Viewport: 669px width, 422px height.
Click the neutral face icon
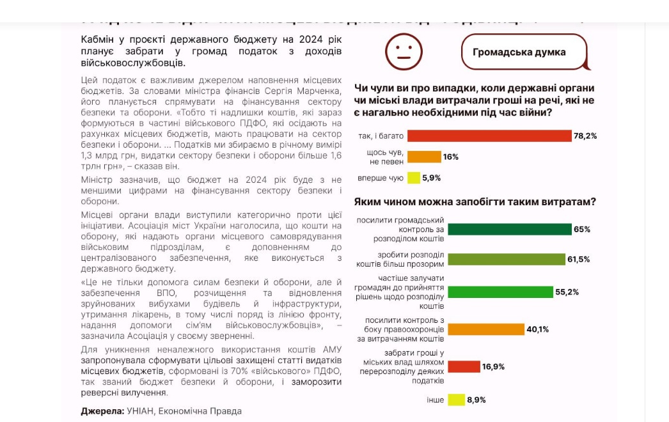pyautogui.click(x=404, y=52)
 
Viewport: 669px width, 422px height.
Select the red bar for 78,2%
pyautogui.click(x=489, y=136)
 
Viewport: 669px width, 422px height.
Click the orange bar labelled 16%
pyautogui.click(x=424, y=157)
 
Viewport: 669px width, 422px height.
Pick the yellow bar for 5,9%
pyautogui.click(x=413, y=178)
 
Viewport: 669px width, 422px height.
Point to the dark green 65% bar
pyautogui.click(x=509, y=230)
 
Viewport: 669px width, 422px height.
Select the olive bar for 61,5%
pyautogui.click(x=506, y=259)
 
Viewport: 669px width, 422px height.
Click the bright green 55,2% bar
pyautogui.click(x=500, y=292)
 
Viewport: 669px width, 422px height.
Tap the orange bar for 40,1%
pyautogui.click(x=485, y=329)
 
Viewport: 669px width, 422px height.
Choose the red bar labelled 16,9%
pyautogui.click(x=464, y=366)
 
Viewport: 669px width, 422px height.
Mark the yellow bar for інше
pyautogui.click(x=456, y=400)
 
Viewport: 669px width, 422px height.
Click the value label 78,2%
pyautogui.click(x=585, y=136)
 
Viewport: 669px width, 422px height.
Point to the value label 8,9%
pyautogui.click(x=476, y=400)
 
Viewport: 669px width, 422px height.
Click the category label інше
pyautogui.click(x=436, y=400)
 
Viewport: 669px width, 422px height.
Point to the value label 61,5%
pyautogui.click(x=579, y=260)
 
